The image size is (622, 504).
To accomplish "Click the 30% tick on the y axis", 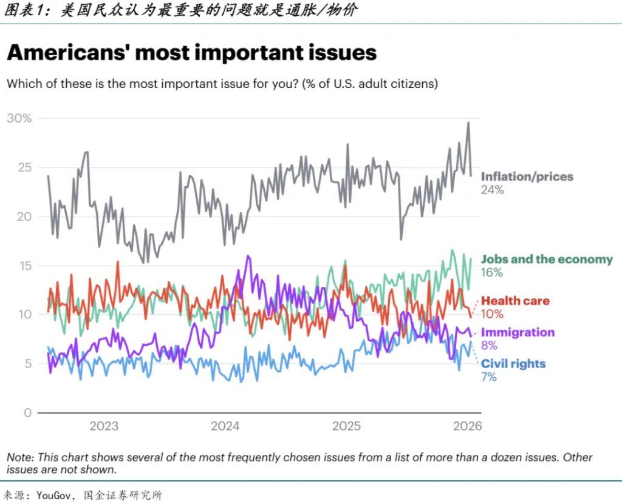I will (x=19, y=118).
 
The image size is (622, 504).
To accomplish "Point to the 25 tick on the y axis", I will (x=24, y=167).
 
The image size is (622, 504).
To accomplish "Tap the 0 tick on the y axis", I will (x=27, y=413).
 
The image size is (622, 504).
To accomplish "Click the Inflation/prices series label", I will (x=527, y=177).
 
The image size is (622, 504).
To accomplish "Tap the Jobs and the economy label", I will (x=547, y=260).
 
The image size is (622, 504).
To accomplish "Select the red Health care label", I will (x=515, y=301).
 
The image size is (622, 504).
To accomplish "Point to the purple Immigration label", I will (x=518, y=332).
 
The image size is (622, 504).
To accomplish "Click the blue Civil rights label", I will (x=513, y=364).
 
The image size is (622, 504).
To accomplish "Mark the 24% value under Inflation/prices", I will (x=493, y=190).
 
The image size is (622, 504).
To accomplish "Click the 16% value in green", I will (x=492, y=273).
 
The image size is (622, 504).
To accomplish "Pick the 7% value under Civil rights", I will (x=489, y=377).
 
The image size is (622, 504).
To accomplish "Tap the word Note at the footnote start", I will (x=19, y=457).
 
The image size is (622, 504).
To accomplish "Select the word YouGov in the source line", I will (x=54, y=495).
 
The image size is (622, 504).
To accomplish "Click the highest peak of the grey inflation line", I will (x=468, y=123).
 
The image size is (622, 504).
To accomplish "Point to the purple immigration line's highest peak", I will (x=247, y=256).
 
